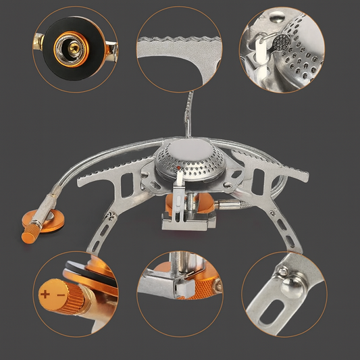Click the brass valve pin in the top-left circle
point(70,47)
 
